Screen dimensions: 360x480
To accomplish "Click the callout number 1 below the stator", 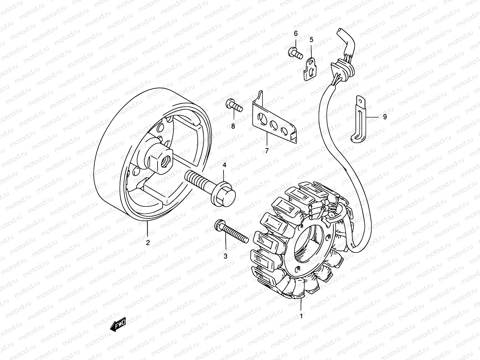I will [301, 316].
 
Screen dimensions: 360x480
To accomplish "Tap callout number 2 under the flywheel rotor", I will [148, 243].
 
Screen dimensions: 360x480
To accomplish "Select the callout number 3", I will [225, 256].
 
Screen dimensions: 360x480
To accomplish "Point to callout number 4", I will [224, 165].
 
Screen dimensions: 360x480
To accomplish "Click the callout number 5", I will [311, 39].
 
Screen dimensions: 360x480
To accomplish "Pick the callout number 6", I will [295, 33].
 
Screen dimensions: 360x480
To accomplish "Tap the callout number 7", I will [266, 151].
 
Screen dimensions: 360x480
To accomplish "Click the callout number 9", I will [385, 116].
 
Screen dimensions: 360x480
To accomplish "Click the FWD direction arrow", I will [118, 324].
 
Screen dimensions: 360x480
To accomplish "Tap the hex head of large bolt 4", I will [224, 194].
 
